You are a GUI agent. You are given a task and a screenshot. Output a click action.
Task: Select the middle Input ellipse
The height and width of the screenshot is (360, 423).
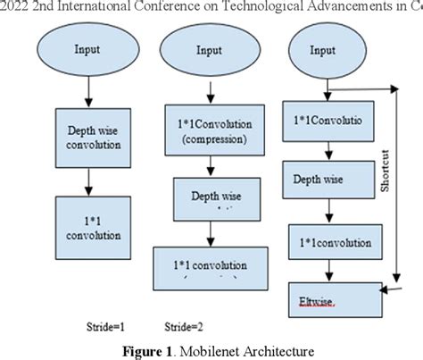(x=209, y=52)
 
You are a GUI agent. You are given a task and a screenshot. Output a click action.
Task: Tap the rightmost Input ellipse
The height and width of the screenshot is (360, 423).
(x=322, y=52)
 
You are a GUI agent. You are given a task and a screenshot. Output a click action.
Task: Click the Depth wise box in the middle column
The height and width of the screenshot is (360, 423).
(x=208, y=197)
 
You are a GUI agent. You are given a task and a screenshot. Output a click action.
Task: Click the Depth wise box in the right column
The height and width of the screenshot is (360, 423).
(x=322, y=179)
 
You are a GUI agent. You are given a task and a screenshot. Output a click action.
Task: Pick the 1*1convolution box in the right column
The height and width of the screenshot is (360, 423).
(x=327, y=239)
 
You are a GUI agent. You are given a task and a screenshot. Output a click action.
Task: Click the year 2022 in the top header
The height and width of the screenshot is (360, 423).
(x=14, y=7)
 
